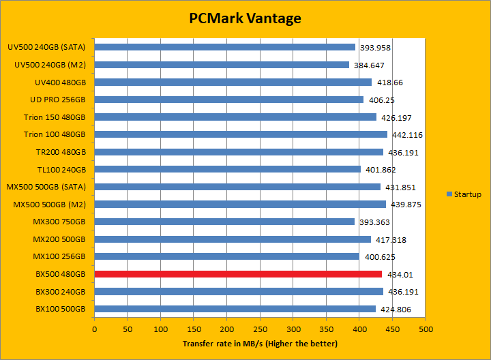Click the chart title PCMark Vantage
[245, 18]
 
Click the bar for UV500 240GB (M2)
[222, 65]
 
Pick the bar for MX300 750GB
[224, 222]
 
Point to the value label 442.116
[407, 135]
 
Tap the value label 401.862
[380, 170]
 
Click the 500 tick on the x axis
[426, 329]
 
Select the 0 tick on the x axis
[94, 329]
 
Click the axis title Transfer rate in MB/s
[260, 344]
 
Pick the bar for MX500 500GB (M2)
[240, 204]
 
